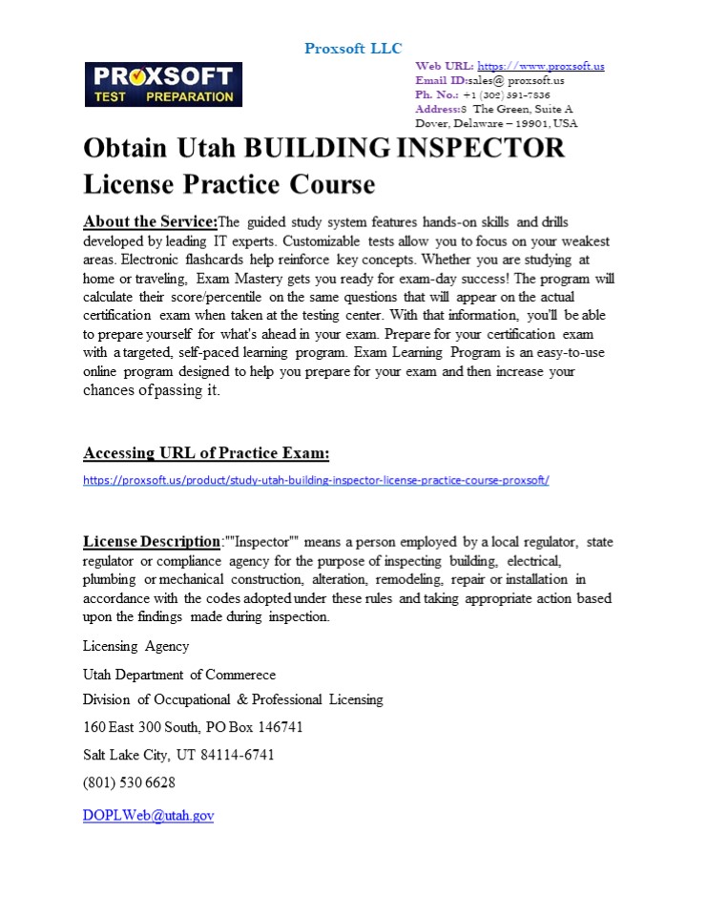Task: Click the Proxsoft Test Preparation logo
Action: pyautogui.click(x=163, y=84)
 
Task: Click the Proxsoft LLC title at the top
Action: pyautogui.click(x=353, y=49)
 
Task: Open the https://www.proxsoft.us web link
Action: pyautogui.click(x=540, y=66)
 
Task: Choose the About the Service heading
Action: pyautogui.click(x=151, y=222)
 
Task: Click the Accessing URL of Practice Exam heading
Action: pyautogui.click(x=206, y=452)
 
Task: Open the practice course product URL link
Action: pyautogui.click(x=316, y=480)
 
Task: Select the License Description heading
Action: pyautogui.click(x=152, y=542)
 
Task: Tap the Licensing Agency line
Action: pyautogui.click(x=135, y=646)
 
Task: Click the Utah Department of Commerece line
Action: pyautogui.click(x=179, y=675)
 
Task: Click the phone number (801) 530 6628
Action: pyautogui.click(x=129, y=782)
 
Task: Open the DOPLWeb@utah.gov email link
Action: pyautogui.click(x=148, y=816)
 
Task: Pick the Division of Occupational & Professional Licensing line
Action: pyautogui.click(x=233, y=699)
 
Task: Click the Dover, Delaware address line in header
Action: pyautogui.click(x=496, y=123)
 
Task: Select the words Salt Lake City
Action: pyautogui.click(x=124, y=755)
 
